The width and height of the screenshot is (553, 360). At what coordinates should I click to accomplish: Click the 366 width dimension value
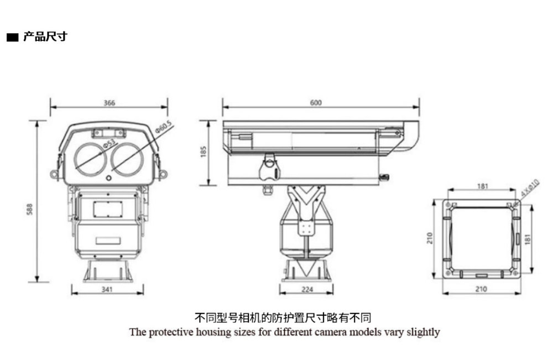[x=109, y=103]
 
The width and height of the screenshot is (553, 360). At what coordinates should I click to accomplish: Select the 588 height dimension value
[x=30, y=209]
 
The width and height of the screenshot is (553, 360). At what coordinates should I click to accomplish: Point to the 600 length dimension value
[x=316, y=103]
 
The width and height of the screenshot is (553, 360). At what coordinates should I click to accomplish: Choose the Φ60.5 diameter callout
[x=164, y=126]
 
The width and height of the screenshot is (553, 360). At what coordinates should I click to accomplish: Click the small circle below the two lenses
[x=109, y=178]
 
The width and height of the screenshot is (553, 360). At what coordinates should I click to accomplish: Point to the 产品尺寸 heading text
[x=45, y=37]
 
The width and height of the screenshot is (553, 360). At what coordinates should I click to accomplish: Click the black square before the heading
[x=12, y=38]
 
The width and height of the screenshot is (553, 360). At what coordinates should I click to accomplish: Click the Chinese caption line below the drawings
[x=283, y=317]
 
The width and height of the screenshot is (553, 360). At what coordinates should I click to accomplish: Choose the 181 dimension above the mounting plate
[x=482, y=186]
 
